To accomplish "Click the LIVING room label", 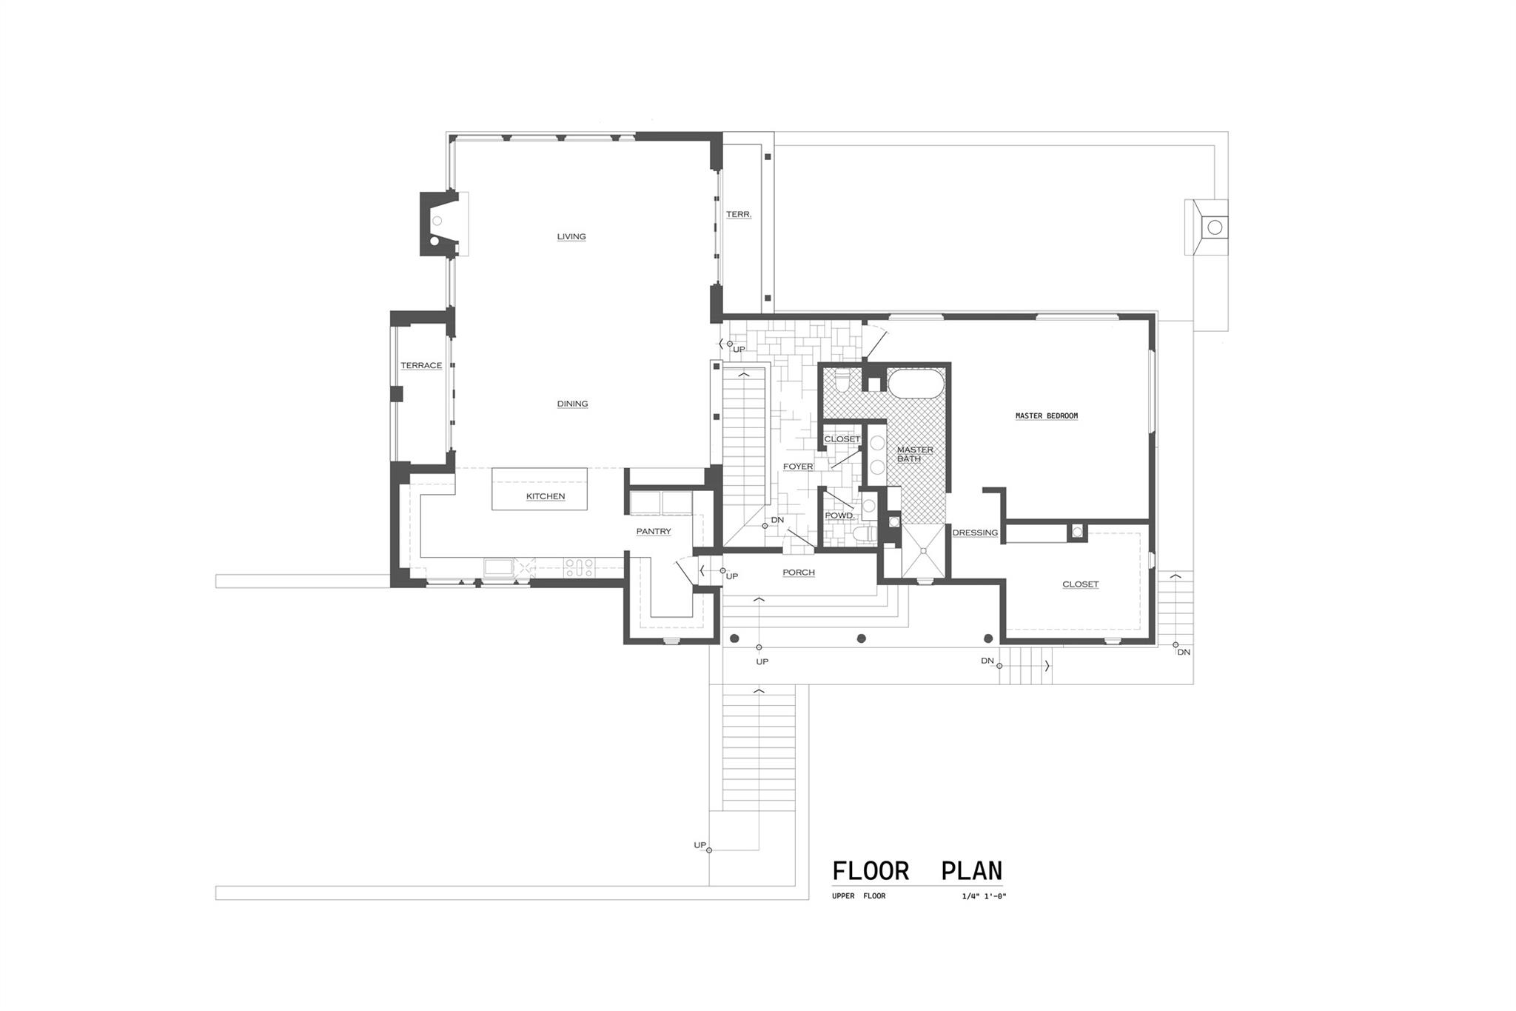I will tap(571, 237).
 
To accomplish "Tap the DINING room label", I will tap(572, 404).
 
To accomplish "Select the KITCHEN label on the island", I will tap(546, 496).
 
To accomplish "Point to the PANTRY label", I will tap(654, 531).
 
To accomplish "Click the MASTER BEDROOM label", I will tap(1046, 416).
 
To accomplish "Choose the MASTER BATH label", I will tap(915, 454).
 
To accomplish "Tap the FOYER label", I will tap(798, 467).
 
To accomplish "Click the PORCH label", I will tap(799, 573).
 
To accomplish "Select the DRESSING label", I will tap(975, 533).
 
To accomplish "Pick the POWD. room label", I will tap(839, 515).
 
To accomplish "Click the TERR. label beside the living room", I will tap(739, 215).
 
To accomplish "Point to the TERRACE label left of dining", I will tap(421, 365).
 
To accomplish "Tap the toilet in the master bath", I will tap(842, 382).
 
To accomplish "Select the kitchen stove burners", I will tap(579, 567).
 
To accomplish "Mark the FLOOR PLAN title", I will tap(917, 871).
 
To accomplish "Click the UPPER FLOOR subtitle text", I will tap(859, 896).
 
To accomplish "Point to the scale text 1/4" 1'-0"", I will tap(984, 896).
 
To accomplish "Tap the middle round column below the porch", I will tap(861, 638).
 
